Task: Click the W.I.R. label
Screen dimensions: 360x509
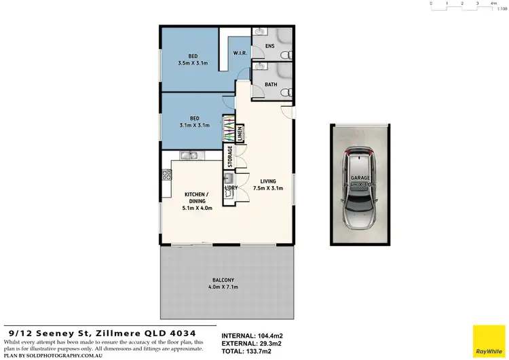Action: pyautogui.click(x=239, y=52)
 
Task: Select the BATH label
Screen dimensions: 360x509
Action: pyautogui.click(x=270, y=85)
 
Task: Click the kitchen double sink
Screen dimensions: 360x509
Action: pyautogui.click(x=189, y=157)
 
